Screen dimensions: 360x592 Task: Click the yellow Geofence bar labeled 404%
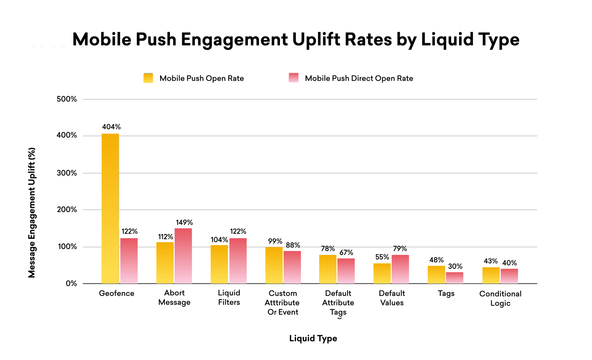coord(110,208)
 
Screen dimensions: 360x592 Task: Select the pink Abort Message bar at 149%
coord(183,256)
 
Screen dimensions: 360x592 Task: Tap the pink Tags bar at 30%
coord(454,278)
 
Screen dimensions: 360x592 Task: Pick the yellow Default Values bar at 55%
coord(382,273)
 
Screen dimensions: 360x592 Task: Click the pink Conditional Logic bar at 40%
coord(509,276)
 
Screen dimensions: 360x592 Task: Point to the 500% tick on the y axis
coord(67,99)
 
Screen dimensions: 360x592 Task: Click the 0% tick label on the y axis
coord(71,284)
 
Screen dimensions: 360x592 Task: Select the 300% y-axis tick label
coord(67,173)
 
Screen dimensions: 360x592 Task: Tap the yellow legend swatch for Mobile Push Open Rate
coord(148,78)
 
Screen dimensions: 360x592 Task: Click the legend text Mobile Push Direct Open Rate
coord(359,78)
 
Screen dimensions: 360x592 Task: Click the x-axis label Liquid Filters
coord(229,297)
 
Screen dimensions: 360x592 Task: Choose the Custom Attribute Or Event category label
coord(282,303)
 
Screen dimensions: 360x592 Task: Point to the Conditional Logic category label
coord(500,298)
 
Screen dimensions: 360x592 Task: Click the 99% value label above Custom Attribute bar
coord(275,241)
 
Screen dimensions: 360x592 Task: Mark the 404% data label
coord(111,127)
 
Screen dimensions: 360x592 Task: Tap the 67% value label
coord(346,253)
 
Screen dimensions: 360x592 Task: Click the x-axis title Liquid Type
coord(313,338)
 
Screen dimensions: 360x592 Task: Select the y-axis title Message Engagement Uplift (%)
coord(32,213)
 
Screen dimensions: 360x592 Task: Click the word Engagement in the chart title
coord(234,39)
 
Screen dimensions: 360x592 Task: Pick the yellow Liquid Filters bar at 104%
coord(219,264)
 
